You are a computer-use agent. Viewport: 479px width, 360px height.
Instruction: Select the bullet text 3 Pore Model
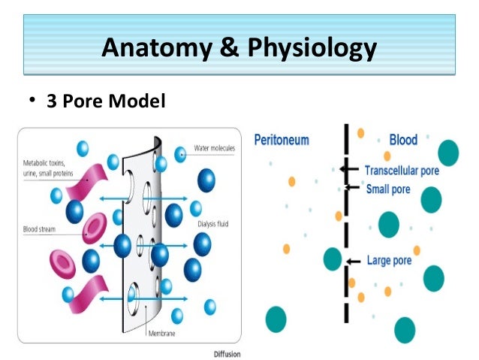pyautogui.click(x=106, y=100)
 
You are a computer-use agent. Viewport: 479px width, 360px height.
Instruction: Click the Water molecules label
pyautogui.click(x=214, y=148)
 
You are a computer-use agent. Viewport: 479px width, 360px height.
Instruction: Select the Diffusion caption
pyautogui.click(x=227, y=352)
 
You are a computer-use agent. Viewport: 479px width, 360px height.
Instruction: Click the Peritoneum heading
pyautogui.click(x=282, y=141)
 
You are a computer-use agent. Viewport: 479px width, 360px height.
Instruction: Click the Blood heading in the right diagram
pyautogui.click(x=404, y=141)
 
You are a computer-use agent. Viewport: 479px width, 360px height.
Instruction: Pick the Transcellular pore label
pyautogui.click(x=402, y=171)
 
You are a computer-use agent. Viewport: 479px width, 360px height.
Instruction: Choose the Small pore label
pyautogui.click(x=388, y=189)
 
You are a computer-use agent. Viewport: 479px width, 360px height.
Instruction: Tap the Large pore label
pyautogui.click(x=389, y=262)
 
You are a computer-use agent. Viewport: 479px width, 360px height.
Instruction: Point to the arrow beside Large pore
pyautogui.click(x=354, y=262)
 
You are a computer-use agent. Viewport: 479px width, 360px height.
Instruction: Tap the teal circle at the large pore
pyautogui.click(x=333, y=260)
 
